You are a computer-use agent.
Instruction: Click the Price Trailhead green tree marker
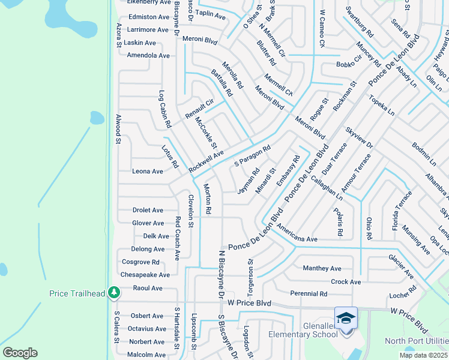click(112, 293)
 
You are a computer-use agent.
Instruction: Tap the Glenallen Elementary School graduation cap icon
click(346, 318)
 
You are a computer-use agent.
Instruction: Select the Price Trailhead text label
click(76, 293)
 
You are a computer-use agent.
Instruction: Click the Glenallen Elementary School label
click(303, 330)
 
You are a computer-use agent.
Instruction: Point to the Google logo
click(20, 353)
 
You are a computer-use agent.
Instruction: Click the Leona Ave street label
click(148, 171)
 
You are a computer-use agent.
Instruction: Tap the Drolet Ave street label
click(148, 210)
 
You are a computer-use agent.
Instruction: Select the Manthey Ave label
click(322, 268)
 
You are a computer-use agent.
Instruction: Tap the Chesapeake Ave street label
click(145, 275)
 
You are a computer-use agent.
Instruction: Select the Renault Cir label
click(199, 108)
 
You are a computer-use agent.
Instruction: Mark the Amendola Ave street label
click(148, 55)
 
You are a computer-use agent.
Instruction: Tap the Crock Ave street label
click(346, 281)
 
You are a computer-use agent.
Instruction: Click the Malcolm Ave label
click(147, 355)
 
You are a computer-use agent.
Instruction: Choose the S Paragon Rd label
click(253, 155)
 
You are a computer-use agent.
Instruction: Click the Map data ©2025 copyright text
click(423, 355)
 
